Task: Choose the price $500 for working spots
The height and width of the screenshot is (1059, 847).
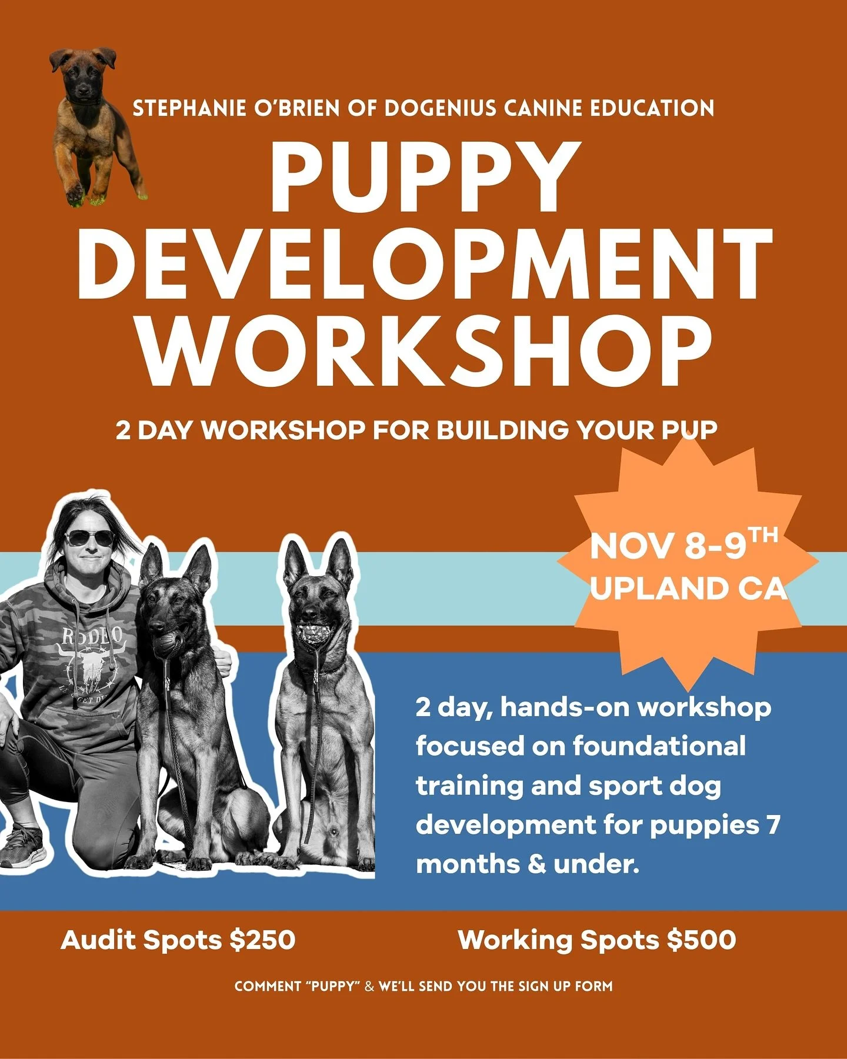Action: click(x=701, y=940)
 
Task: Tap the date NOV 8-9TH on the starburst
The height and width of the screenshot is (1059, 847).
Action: click(x=682, y=546)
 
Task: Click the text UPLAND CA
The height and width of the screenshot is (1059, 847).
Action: click(x=688, y=589)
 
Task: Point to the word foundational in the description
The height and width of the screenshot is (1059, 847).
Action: click(x=659, y=746)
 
